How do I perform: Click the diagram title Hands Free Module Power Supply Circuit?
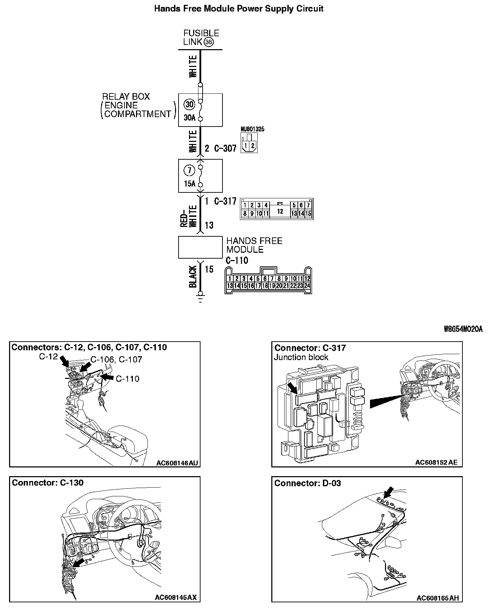tap(239, 9)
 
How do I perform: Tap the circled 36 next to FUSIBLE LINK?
tap(208, 42)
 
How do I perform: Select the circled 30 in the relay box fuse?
tap(189, 104)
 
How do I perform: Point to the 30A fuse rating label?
tap(189, 117)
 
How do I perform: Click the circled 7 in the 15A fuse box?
tap(189, 170)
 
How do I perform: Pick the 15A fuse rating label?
tap(189, 184)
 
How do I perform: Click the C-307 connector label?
tap(225, 148)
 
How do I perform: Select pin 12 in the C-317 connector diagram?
tap(280, 211)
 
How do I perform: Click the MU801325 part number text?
tap(252, 129)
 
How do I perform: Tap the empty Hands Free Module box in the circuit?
tap(200, 247)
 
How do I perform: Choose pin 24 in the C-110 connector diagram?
tap(307, 285)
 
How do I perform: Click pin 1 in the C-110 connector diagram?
tap(230, 279)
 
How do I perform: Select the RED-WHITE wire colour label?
tap(189, 216)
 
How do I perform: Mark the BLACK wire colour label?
tap(193, 276)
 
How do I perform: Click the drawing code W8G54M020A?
tap(463, 329)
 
